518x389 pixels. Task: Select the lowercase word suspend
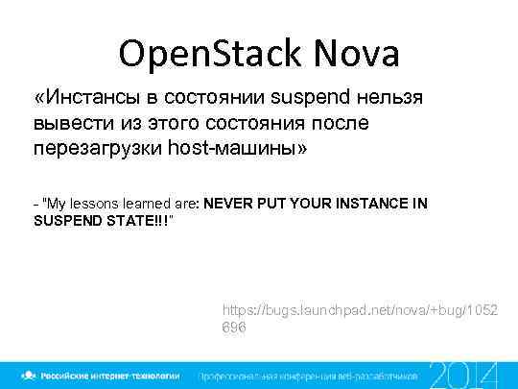click(x=313, y=98)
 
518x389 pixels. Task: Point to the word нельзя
click(x=396, y=98)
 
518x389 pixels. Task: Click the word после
click(x=335, y=124)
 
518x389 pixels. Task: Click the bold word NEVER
click(x=227, y=205)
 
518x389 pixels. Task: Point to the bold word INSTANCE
click(x=372, y=205)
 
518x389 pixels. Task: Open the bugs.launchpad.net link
click(x=359, y=310)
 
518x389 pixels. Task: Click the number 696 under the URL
click(x=234, y=328)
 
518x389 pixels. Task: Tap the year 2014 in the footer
click(x=463, y=374)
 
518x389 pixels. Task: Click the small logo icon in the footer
click(x=32, y=375)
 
